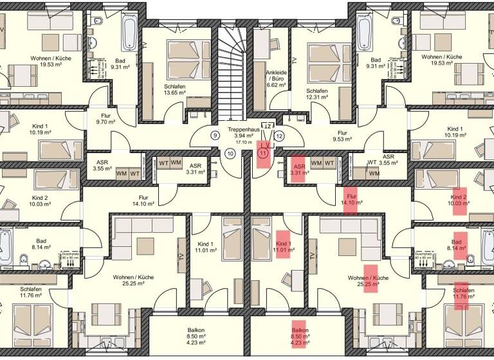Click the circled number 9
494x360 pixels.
pos(215,136)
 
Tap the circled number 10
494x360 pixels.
pos(230,153)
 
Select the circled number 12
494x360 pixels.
pos(279,136)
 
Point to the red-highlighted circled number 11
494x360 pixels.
pos(263,153)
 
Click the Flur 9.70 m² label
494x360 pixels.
pos(104,118)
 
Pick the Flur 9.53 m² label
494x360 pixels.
pos(342,136)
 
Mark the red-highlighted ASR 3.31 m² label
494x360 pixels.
pos(297,168)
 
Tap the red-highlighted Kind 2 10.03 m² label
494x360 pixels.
pos(459,200)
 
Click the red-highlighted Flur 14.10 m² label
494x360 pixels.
pos(352,199)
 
